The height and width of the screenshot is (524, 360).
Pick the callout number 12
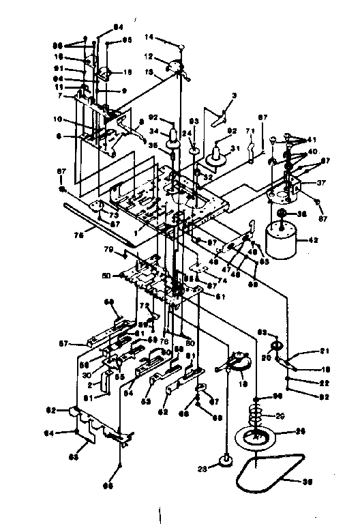click(x=150, y=57)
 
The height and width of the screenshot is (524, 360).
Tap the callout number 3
click(x=233, y=96)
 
